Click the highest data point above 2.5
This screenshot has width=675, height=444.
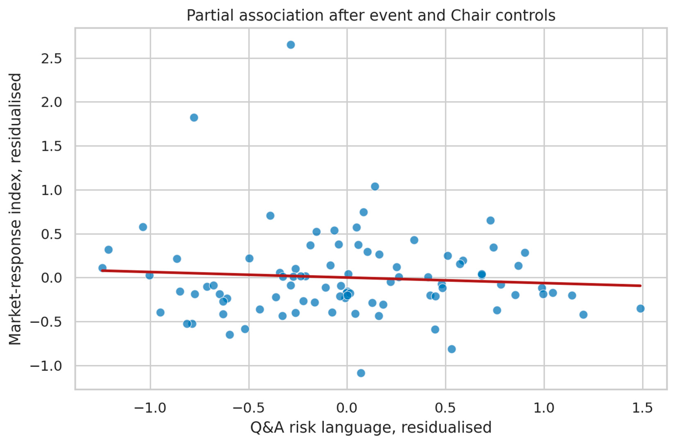[291, 45]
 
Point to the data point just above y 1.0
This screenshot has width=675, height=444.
[375, 187]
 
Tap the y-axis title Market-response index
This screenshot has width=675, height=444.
[15, 209]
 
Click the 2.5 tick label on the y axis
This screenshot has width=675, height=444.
[51, 59]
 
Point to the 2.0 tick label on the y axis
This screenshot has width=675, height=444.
[51, 102]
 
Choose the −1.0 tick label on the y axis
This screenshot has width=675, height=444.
[46, 366]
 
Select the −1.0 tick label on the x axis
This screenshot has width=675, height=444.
[150, 408]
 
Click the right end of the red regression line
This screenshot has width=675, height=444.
[640, 286]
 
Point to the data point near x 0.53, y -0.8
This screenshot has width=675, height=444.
[452, 349]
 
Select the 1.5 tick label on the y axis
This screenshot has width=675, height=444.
[51, 146]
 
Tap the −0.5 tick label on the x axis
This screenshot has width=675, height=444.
[249, 408]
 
